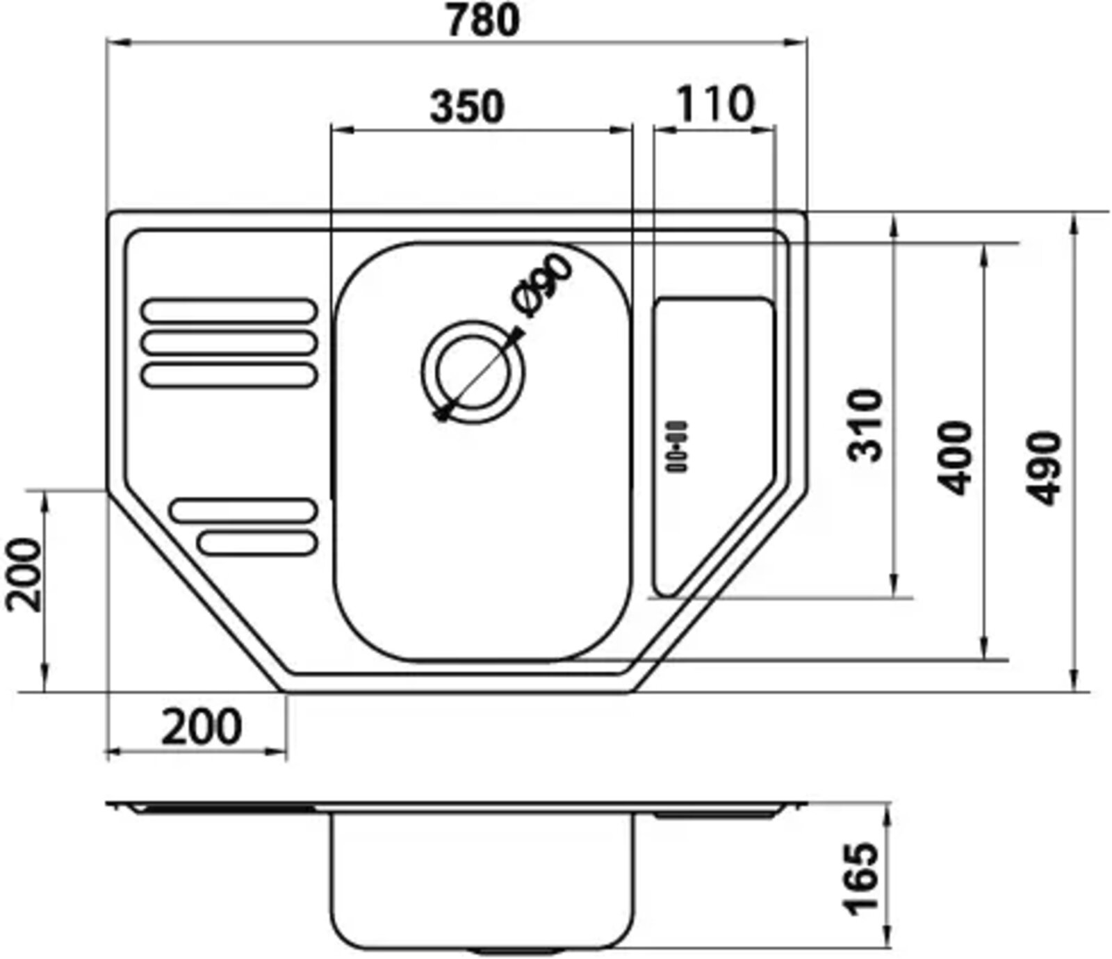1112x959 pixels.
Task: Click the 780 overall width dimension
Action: click(482, 20)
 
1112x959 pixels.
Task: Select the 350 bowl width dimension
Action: click(466, 108)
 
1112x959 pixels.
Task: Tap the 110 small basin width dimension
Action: click(714, 104)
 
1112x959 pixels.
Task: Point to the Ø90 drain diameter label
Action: click(543, 286)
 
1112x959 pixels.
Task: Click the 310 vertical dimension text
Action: click(865, 425)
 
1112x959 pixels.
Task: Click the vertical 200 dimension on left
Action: click(24, 574)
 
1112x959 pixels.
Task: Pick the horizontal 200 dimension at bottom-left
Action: click(202, 727)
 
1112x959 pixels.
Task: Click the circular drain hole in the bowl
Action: click(473, 371)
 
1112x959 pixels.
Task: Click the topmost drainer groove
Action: click(229, 310)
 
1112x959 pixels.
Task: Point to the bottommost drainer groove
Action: click(257, 543)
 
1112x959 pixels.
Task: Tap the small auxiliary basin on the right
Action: click(712, 417)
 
